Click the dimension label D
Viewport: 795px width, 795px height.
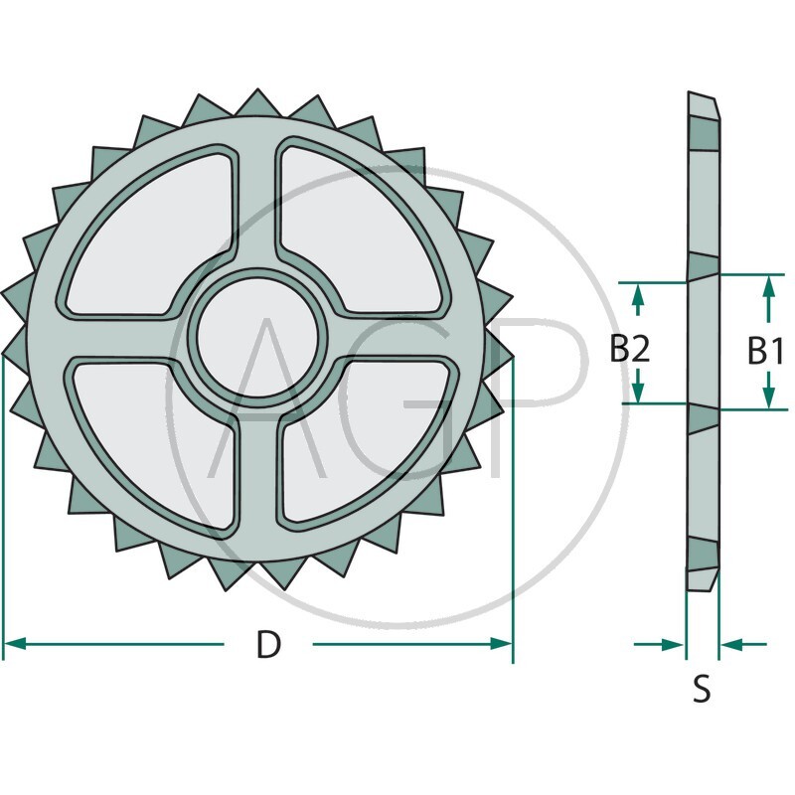[x=268, y=644]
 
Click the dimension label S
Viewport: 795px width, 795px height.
[x=702, y=689]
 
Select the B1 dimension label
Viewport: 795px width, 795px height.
[x=766, y=351]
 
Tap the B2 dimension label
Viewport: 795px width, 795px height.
[x=630, y=349]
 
